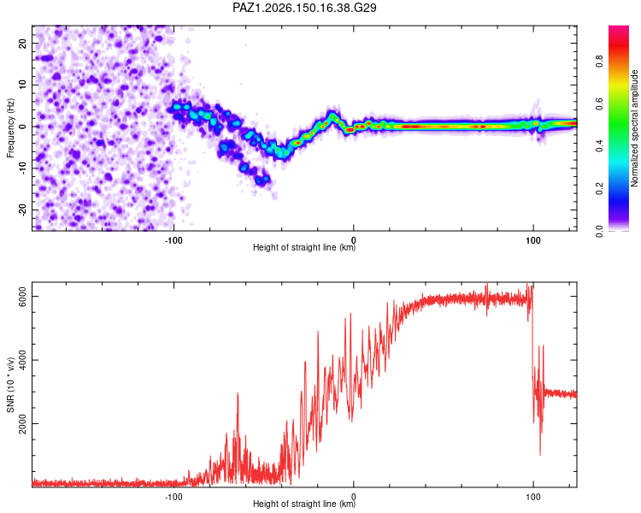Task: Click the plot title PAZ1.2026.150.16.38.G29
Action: pyautogui.click(x=304, y=8)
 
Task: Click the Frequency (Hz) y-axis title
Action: pyautogui.click(x=10, y=128)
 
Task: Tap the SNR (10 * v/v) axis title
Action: pyautogui.click(x=10, y=385)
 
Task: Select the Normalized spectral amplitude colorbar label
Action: pyautogui.click(x=634, y=128)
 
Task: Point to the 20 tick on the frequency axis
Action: pyautogui.click(x=22, y=44)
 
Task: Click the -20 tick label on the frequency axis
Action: pyautogui.click(x=22, y=210)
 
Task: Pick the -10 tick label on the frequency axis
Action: pyautogui.click(x=22, y=168)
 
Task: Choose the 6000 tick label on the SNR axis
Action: pyautogui.click(x=22, y=296)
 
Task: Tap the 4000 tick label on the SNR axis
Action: pyautogui.click(x=22, y=360)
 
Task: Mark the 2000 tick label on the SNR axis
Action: pyautogui.click(x=22, y=424)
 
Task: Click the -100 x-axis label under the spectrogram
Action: pyautogui.click(x=173, y=240)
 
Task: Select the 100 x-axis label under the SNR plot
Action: pyautogui.click(x=533, y=497)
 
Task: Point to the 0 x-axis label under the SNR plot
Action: pyautogui.click(x=354, y=497)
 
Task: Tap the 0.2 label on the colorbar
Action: pyautogui.click(x=599, y=189)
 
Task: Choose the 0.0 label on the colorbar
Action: pyautogui.click(x=599, y=231)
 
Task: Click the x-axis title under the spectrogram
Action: pyautogui.click(x=304, y=247)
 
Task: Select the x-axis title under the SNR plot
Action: pyautogui.click(x=304, y=504)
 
